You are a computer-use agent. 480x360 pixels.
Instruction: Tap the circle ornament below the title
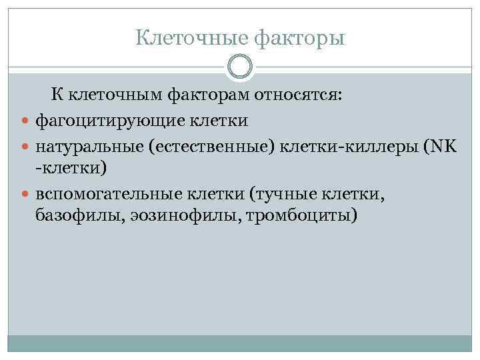tap(240, 67)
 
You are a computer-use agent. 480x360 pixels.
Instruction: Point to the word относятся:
tap(297, 97)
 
